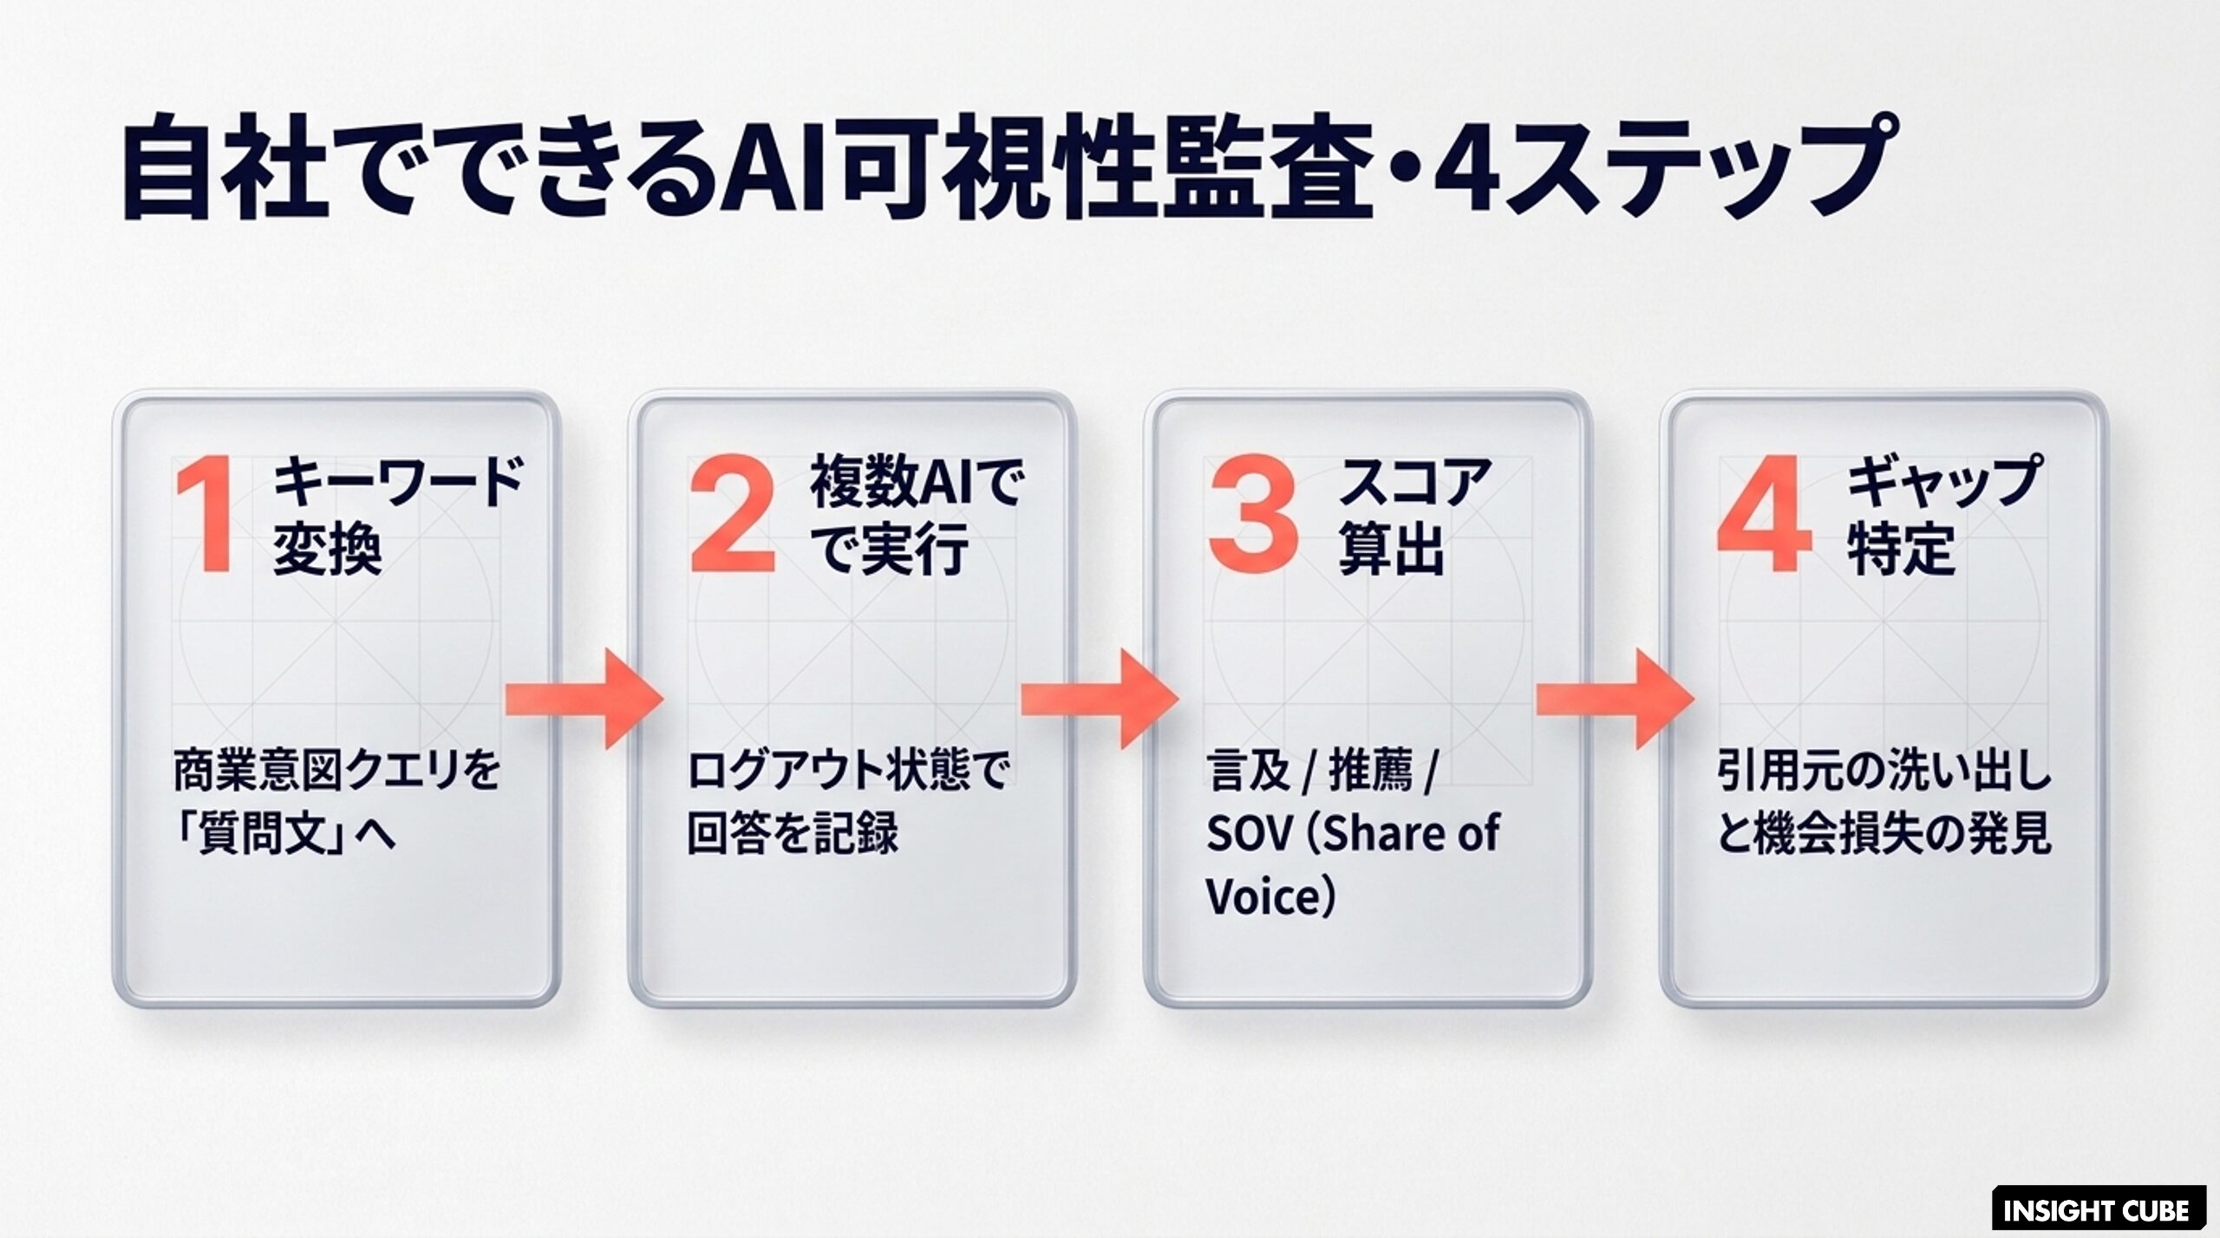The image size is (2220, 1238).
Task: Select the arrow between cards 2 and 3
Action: [x=1100, y=698]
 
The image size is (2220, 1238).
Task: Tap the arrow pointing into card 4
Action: [x=1616, y=698]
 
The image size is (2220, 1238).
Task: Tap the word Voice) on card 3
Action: [x=1270, y=897]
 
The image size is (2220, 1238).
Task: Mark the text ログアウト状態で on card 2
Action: [x=847, y=770]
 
